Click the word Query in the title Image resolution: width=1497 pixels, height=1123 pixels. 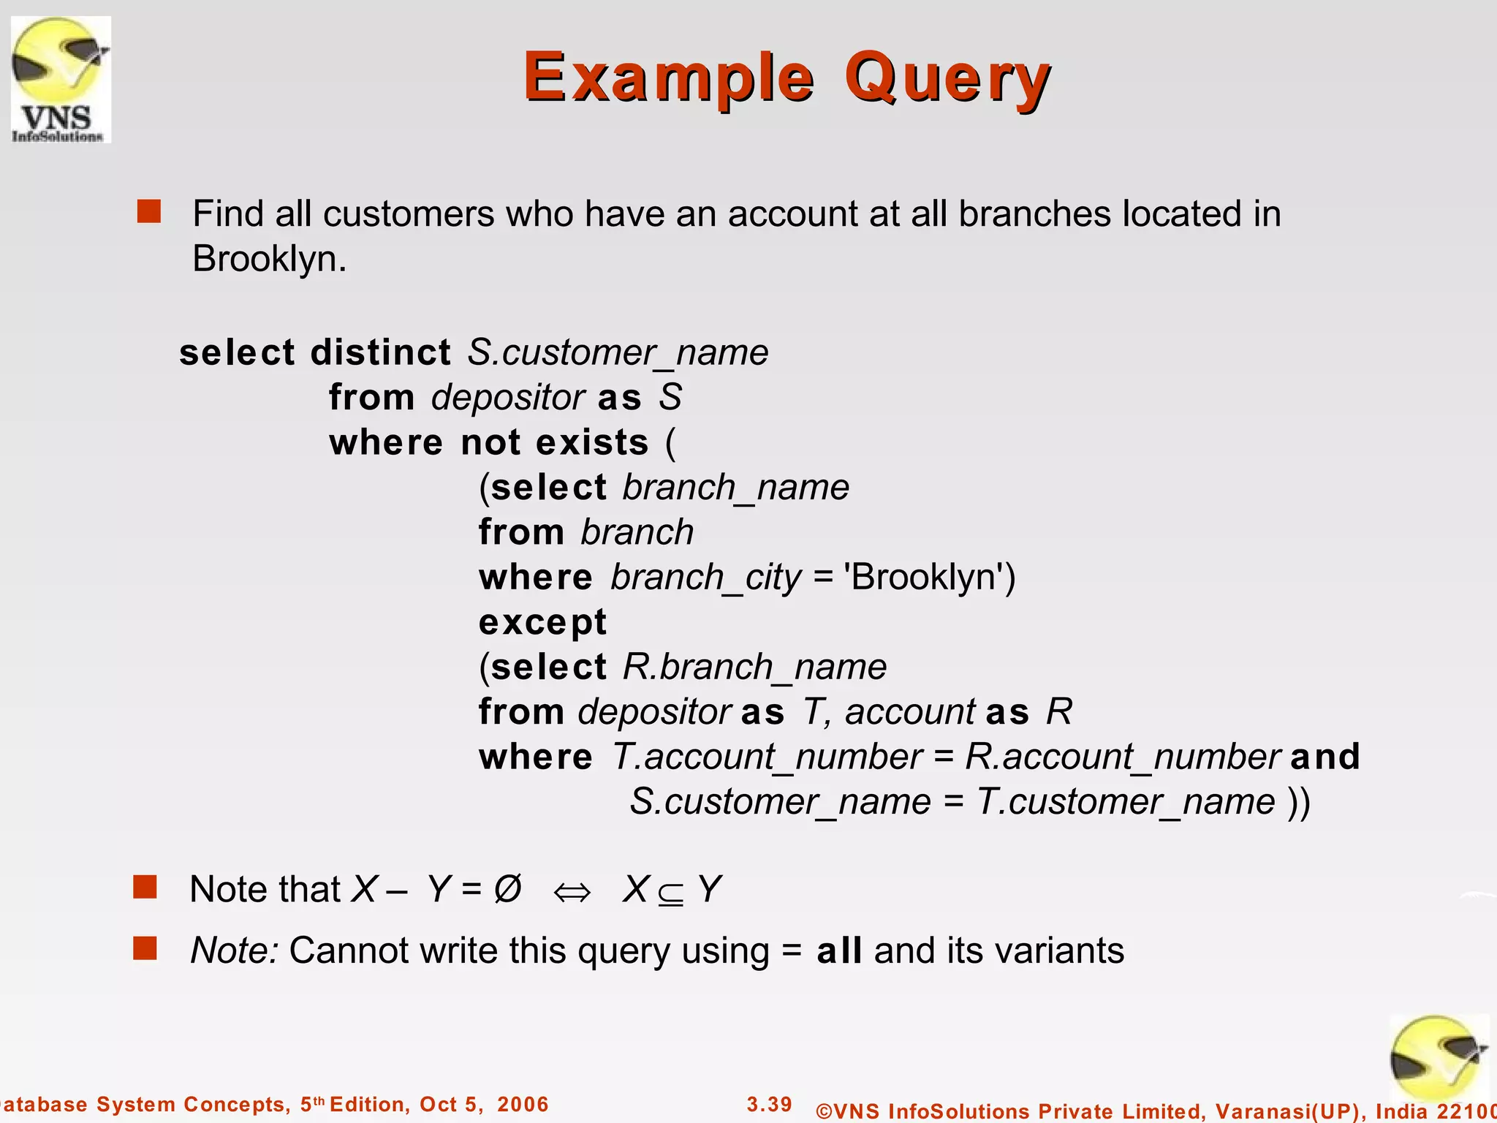point(947,78)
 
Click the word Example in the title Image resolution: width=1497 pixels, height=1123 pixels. point(669,78)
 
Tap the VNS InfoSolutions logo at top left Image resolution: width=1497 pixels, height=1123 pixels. point(61,79)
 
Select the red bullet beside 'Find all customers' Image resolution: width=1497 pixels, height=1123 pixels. point(149,211)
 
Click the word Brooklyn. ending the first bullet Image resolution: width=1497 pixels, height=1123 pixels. point(269,259)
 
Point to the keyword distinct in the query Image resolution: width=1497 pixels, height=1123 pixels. point(381,352)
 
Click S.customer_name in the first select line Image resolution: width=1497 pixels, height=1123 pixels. point(618,352)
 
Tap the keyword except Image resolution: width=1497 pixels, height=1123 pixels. point(542,622)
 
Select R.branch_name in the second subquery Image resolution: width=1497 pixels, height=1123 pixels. point(755,667)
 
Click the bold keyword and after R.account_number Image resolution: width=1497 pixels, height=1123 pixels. point(1325,757)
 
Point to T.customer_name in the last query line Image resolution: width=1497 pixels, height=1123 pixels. point(1126,802)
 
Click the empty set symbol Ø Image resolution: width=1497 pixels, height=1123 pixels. point(507,889)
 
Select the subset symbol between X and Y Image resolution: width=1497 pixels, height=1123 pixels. point(670,893)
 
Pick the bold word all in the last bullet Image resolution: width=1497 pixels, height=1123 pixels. point(839,950)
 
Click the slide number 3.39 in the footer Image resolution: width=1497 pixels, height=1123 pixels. point(770,1104)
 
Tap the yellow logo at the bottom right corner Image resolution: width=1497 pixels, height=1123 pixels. point(1438,1060)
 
